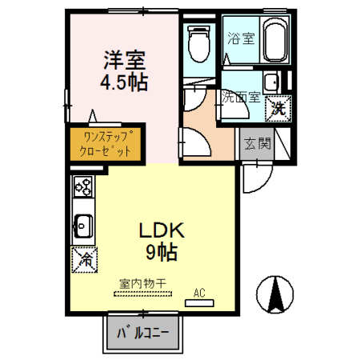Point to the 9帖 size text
tap(162, 254)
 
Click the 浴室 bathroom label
tap(238, 38)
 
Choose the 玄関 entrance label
tap(257, 144)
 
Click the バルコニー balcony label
tap(144, 333)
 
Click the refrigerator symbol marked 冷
tap(82, 258)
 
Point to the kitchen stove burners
tap(82, 189)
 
